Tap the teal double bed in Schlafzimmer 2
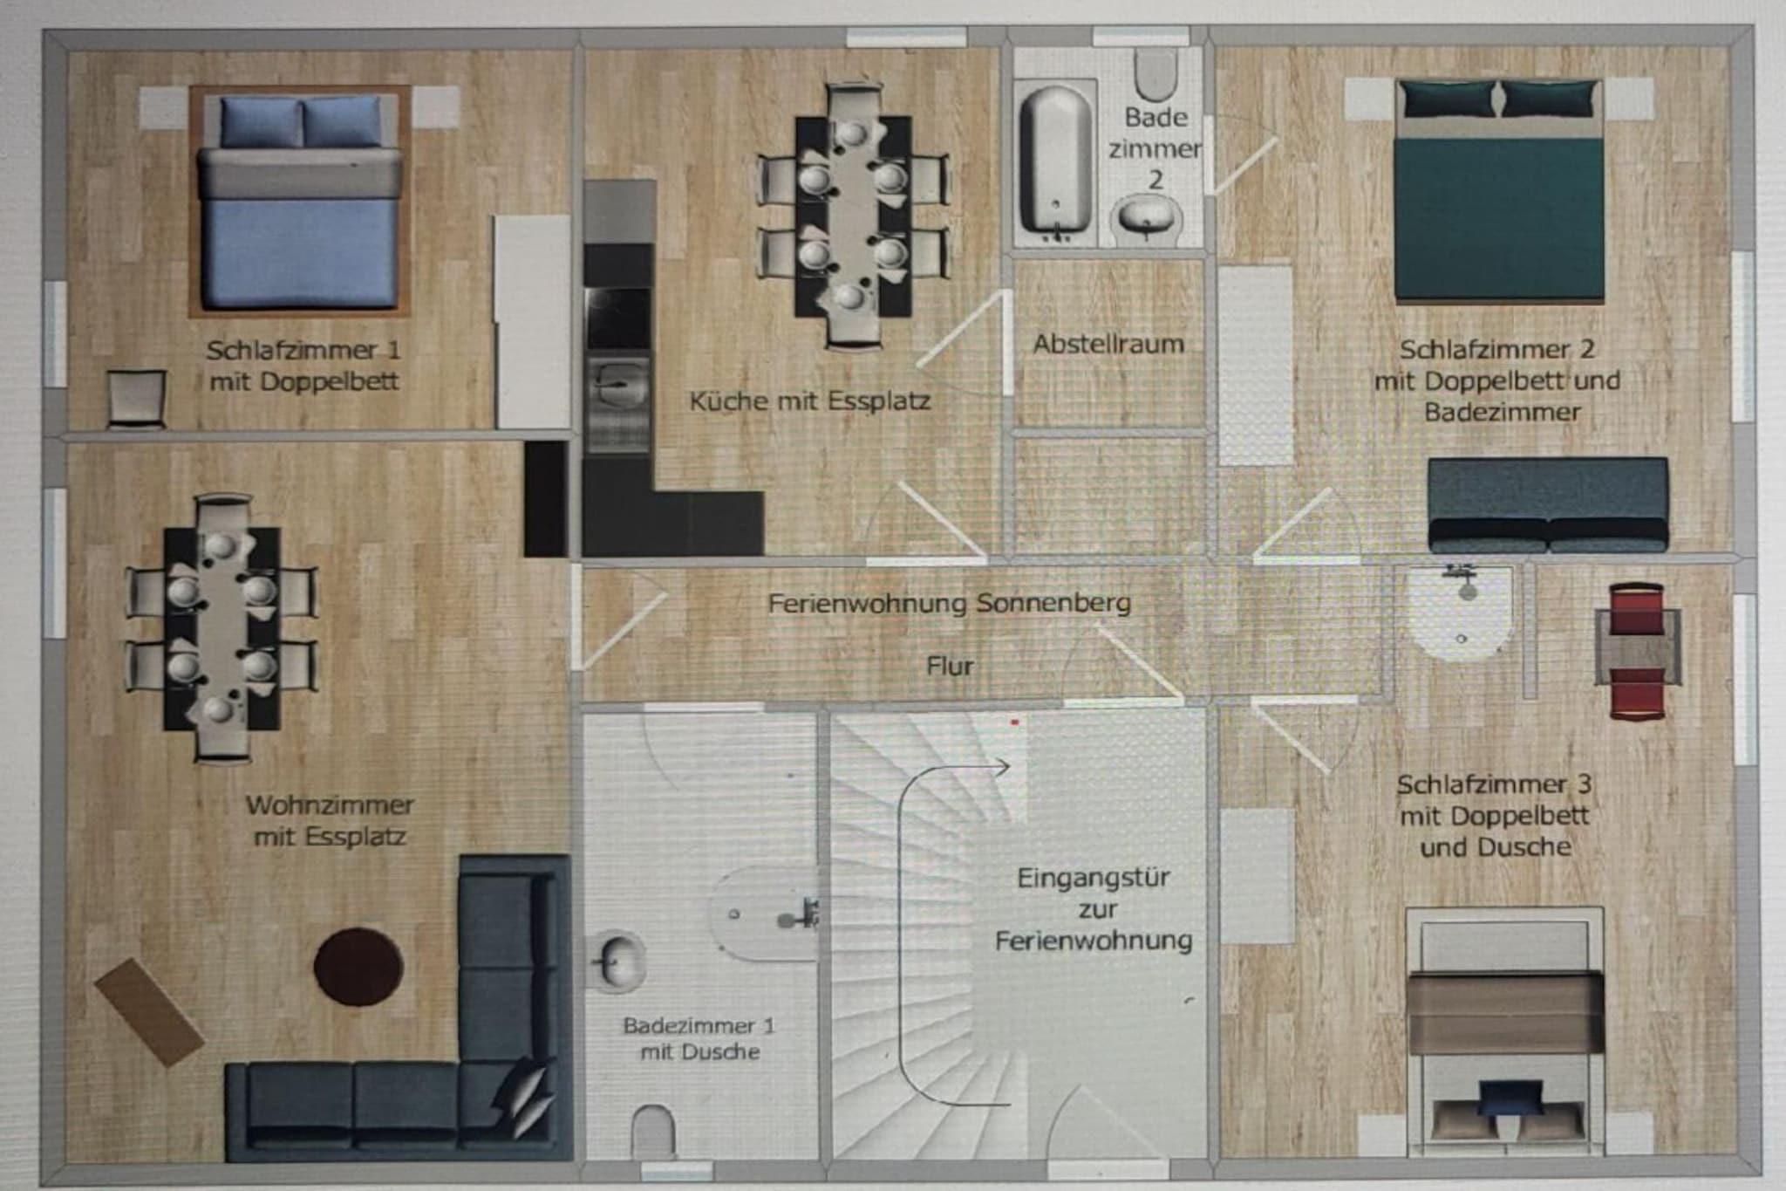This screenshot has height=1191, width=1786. click(x=1499, y=190)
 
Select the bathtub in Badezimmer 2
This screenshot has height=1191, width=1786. click(x=1055, y=161)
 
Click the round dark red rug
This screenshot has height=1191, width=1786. click(x=358, y=967)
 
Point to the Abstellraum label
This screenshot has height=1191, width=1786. click(x=1108, y=344)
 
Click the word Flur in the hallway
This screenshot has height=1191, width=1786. click(x=950, y=667)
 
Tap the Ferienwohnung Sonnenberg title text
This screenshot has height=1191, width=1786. click(x=950, y=603)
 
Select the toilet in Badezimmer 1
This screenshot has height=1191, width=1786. click(x=652, y=1131)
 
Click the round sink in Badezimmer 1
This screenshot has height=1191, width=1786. click(x=618, y=962)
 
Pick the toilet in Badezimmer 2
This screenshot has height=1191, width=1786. click(x=1156, y=74)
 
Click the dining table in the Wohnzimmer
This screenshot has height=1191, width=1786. click(x=222, y=628)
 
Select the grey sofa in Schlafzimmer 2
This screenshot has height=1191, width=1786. click(x=1548, y=506)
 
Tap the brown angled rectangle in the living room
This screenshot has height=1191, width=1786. click(x=149, y=1012)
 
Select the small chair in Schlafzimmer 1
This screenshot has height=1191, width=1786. click(x=136, y=399)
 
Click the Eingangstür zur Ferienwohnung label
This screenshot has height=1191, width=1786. click(x=1094, y=908)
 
